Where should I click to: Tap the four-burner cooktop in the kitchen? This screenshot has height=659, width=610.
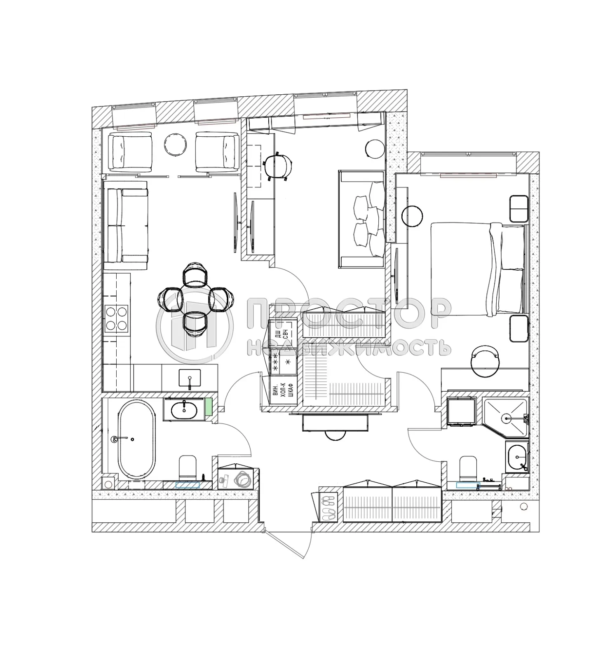[116, 319]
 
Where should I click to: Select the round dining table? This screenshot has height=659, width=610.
[196, 299]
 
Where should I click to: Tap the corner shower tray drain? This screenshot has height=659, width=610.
[506, 418]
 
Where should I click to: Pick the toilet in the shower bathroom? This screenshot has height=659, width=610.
[468, 468]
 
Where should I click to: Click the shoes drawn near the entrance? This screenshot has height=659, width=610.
[328, 507]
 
